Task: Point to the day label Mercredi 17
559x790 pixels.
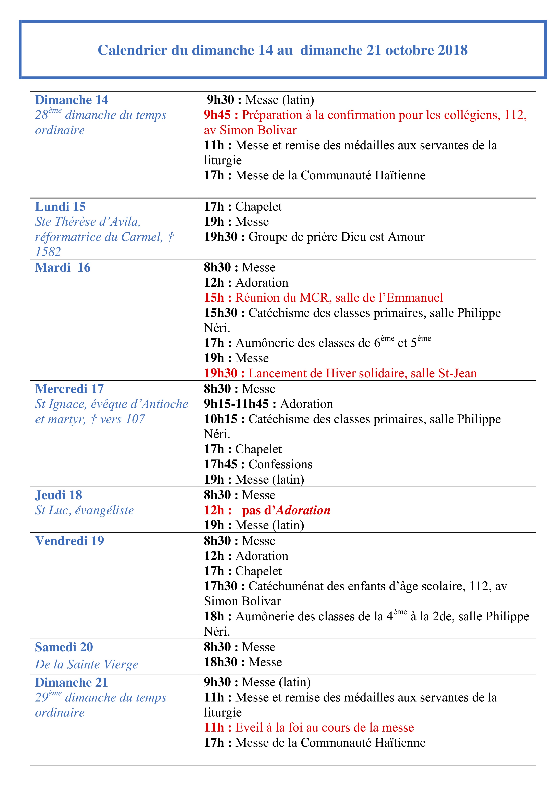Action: click(69, 389)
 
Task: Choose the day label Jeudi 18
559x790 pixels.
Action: click(58, 495)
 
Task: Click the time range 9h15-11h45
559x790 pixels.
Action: click(236, 404)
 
